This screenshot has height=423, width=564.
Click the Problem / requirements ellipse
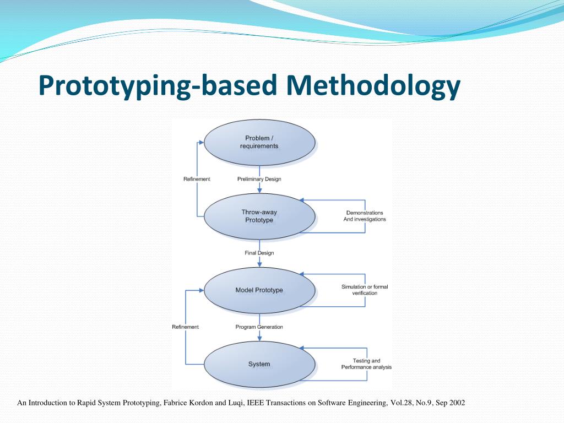(259, 142)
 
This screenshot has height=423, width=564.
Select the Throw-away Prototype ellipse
(259, 216)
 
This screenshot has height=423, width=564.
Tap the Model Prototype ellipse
(259, 290)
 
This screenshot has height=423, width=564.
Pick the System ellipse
(259, 364)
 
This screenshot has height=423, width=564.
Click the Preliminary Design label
(259, 179)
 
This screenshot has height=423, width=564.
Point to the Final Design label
(259, 253)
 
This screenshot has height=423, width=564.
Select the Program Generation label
(259, 327)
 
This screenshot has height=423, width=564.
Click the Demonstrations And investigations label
(365, 216)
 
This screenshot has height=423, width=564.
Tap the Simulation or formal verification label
(365, 290)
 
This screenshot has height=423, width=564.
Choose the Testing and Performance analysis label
(366, 364)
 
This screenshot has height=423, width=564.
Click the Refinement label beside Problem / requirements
(197, 179)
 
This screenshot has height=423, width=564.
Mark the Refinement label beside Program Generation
(185, 327)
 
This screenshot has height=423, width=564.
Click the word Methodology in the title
(373, 86)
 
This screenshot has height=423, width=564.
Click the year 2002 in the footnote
(457, 403)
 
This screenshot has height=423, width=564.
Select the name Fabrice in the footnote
(176, 403)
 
